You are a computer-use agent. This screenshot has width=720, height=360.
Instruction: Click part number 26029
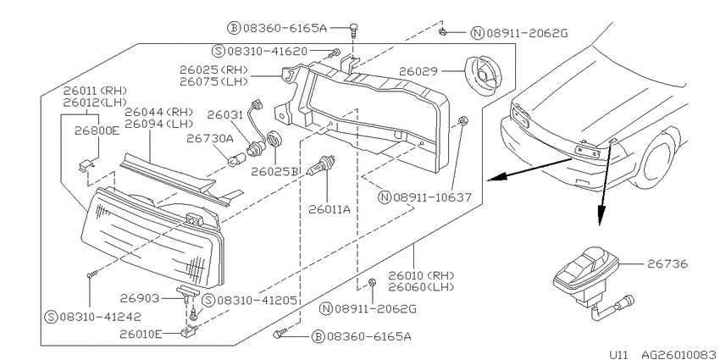(x=418, y=72)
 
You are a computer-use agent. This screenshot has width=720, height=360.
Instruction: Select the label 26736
(x=667, y=264)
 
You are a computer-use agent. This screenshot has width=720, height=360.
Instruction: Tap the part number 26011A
(x=330, y=210)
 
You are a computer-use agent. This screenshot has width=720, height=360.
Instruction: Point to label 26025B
(x=274, y=172)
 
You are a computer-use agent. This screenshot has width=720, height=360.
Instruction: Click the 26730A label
(x=210, y=138)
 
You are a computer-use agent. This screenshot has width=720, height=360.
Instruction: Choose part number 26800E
(x=97, y=130)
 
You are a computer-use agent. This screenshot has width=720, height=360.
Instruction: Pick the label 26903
(x=140, y=298)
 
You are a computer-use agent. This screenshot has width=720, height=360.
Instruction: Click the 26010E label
(x=141, y=335)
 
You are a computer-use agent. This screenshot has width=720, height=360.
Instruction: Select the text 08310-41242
(x=100, y=317)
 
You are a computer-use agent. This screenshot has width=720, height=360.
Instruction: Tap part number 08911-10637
(x=432, y=197)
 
